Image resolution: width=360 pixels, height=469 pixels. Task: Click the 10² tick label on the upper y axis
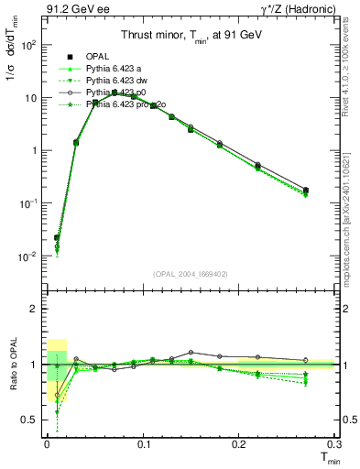30,45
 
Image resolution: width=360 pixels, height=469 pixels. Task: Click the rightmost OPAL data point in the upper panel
305,191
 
